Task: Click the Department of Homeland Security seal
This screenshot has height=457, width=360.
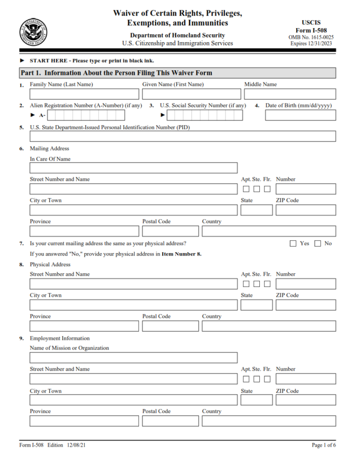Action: click(33, 33)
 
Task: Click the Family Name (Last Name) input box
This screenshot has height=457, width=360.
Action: click(84, 94)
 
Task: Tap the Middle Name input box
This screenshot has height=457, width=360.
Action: click(290, 94)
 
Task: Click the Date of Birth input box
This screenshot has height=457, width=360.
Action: click(300, 115)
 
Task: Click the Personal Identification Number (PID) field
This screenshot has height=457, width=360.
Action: click(183, 136)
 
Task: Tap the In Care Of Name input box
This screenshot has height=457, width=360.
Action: click(134, 168)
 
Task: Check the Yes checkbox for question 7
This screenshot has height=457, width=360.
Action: click(293, 243)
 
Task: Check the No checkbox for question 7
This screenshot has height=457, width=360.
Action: click(318, 243)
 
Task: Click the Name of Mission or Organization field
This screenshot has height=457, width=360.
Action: click(134, 358)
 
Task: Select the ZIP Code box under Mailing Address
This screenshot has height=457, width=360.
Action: click(306, 210)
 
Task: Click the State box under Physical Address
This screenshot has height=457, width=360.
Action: click(256, 305)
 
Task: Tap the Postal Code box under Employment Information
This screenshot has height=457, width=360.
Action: click(171, 421)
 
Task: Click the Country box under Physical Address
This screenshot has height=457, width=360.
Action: click(269, 326)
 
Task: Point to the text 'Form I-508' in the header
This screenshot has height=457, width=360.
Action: click(311, 30)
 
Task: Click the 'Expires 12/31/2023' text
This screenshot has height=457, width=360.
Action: click(312, 44)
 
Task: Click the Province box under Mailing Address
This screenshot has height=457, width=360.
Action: click(84, 231)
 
